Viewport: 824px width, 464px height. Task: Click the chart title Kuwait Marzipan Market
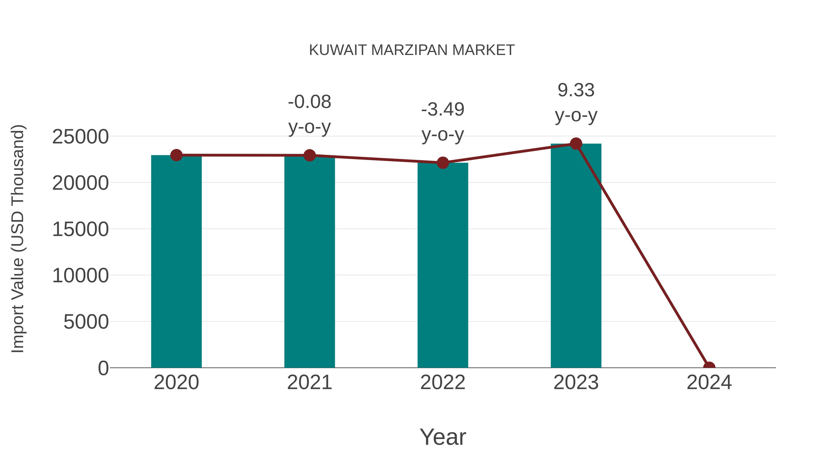coord(412,50)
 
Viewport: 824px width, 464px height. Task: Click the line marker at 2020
coord(176,155)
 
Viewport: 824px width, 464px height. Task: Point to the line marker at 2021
coord(309,156)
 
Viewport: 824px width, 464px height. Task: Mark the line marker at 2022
coord(443,163)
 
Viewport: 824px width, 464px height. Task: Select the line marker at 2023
coord(576,144)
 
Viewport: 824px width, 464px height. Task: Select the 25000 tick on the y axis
coord(80,137)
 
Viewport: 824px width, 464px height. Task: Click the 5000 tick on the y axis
coord(86,322)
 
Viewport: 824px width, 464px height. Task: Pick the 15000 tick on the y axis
coord(80,229)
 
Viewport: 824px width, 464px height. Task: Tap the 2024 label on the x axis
coord(709,383)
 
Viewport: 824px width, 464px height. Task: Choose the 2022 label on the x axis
coord(443,383)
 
